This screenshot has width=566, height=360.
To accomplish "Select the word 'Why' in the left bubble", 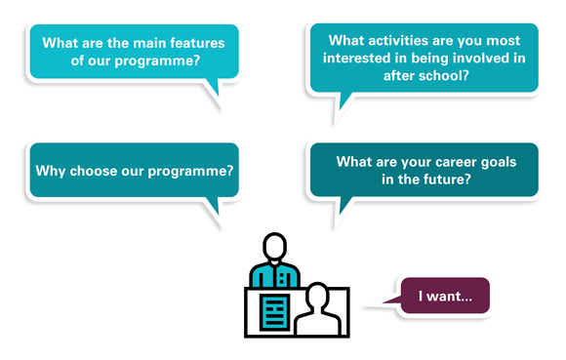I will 50,170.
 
